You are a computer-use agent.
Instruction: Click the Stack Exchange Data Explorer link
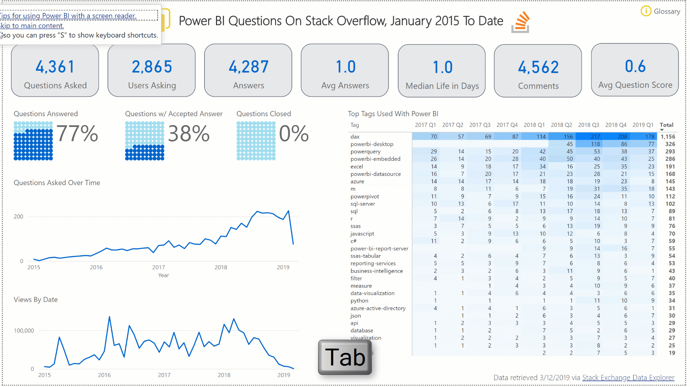point(628,378)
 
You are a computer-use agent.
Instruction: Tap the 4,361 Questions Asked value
point(55,67)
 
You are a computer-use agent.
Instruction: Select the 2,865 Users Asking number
point(152,67)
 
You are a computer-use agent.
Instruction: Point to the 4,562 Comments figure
point(538,67)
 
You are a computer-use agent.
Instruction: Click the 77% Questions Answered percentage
point(77,134)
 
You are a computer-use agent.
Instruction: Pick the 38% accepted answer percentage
point(189,134)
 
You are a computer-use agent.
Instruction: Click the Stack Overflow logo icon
point(521,22)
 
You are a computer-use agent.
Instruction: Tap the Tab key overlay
point(345,357)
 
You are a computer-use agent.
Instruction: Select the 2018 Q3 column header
point(588,125)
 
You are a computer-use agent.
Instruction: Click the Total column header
point(666,125)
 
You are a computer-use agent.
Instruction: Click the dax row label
point(355,137)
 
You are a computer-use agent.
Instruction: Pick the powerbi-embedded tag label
point(375,159)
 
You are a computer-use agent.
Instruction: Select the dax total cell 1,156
point(668,137)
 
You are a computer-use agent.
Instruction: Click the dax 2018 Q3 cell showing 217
point(595,137)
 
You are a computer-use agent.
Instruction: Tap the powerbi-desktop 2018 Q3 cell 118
point(595,144)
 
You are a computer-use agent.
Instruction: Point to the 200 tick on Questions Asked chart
point(18,217)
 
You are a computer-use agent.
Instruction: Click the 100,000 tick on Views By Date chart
point(24,331)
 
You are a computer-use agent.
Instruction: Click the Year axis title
point(164,275)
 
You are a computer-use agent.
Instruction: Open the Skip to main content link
point(32,26)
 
